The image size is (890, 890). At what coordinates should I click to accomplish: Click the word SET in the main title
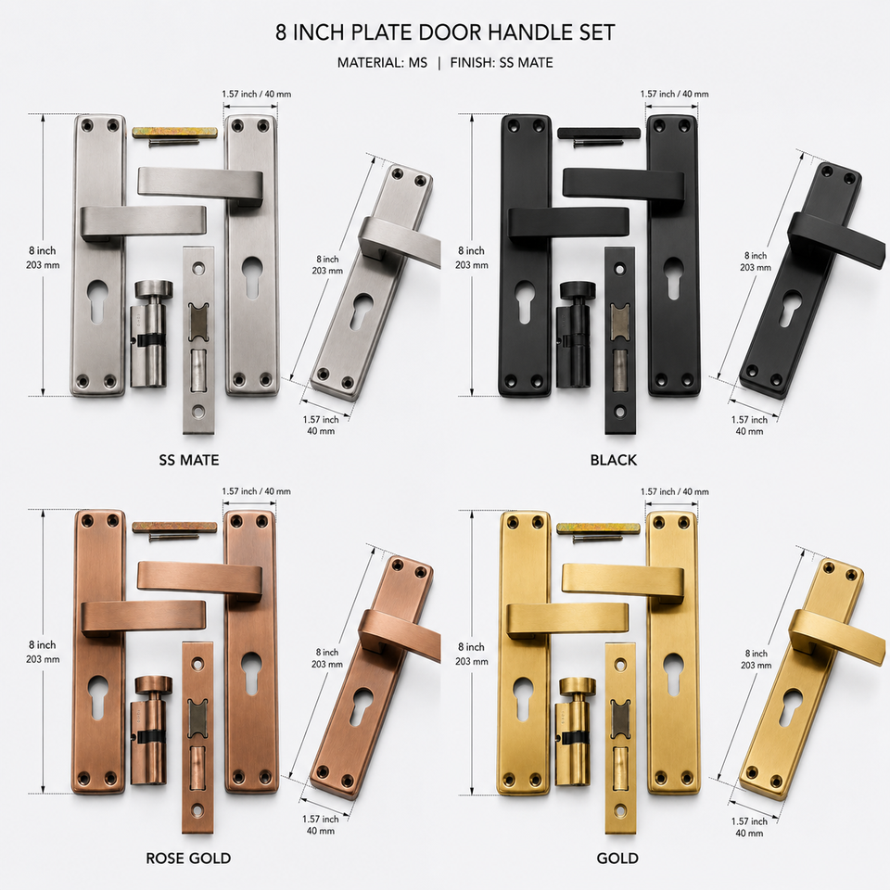pos(596,32)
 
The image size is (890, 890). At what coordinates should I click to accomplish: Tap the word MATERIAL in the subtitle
pos(369,62)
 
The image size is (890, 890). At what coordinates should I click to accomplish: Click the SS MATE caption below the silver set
pos(189,460)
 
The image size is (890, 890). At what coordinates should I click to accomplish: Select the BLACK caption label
pos(614,460)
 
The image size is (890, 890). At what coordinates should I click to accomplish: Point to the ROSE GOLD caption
pos(188,858)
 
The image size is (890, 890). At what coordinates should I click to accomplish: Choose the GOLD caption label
pos(617,858)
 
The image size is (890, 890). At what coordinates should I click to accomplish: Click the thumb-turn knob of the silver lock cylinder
pos(151,287)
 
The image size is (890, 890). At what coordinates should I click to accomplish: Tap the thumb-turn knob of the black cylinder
pos(577,289)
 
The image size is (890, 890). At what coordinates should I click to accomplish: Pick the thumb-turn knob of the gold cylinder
pos(577,686)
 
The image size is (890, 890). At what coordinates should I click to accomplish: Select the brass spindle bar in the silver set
pos(175,133)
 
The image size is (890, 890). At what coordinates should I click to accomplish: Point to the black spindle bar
pos(599,133)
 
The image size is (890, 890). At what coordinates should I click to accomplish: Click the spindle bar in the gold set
pos(599,529)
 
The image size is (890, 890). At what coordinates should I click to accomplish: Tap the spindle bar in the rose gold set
pos(175,528)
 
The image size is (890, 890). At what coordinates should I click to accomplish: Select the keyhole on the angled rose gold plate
pos(361,706)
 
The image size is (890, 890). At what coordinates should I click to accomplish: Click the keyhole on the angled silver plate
pos(361,310)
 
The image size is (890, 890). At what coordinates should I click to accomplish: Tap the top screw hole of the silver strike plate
pos(198,267)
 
